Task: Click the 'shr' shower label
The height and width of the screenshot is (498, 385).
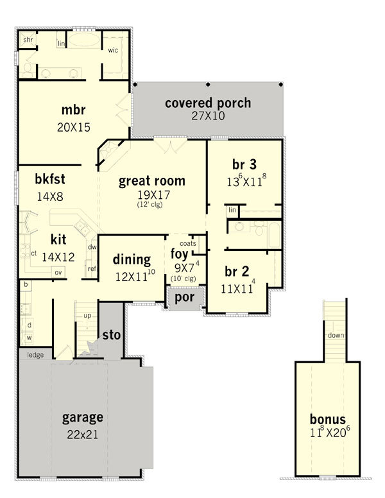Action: [x=28, y=40]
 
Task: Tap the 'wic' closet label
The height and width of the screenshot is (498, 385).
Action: [x=113, y=50]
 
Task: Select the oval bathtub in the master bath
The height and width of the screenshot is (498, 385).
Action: [x=84, y=40]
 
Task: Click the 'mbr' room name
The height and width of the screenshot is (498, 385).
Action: [x=73, y=110]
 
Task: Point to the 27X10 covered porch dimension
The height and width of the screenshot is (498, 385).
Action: [x=208, y=116]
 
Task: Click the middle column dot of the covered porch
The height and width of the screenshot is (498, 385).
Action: [x=208, y=85]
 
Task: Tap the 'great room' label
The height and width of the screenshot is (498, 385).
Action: [x=152, y=181]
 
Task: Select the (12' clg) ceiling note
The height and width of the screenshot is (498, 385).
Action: [x=150, y=205]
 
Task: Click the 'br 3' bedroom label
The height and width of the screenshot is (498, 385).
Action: [x=244, y=164]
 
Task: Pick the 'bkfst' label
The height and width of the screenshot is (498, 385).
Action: [x=50, y=179]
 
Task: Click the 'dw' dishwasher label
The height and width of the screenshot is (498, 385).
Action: [x=92, y=247]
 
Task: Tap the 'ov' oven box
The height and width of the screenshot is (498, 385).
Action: [x=58, y=272]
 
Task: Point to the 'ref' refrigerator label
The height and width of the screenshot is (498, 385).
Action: [x=92, y=269]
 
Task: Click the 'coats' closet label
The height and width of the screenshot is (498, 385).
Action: [x=188, y=244]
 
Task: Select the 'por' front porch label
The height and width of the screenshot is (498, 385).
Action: [x=185, y=298]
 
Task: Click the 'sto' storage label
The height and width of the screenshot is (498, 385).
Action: [x=111, y=335]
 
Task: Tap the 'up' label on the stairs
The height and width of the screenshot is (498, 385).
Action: [x=87, y=316]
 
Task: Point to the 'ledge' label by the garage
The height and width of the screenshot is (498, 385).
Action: [x=35, y=355]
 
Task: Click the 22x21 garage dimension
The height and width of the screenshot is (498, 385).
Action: [x=82, y=434]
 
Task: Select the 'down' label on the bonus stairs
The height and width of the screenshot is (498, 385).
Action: [x=336, y=336]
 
